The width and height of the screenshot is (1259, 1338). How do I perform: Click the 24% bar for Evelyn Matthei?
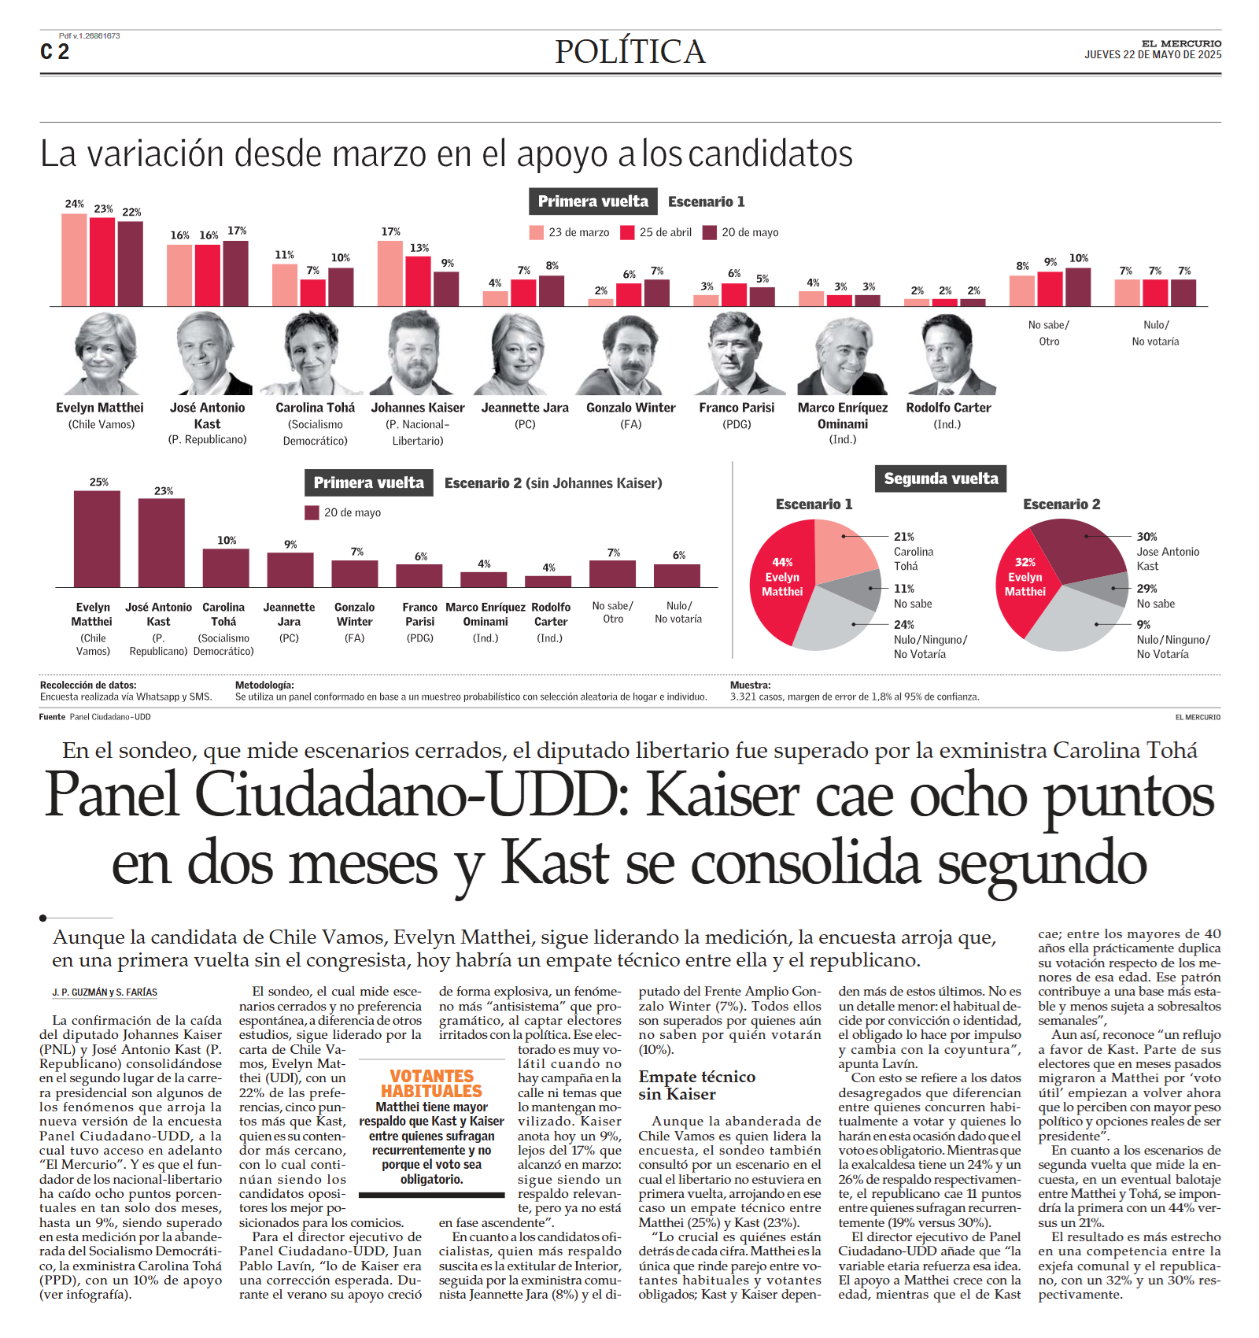point(74,260)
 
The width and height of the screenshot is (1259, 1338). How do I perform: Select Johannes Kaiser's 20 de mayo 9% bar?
point(446,289)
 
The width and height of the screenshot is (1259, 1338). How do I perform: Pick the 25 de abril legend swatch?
point(627,232)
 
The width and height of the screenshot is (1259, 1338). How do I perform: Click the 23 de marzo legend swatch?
point(537,232)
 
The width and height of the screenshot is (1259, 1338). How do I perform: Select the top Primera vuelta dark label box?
point(593,201)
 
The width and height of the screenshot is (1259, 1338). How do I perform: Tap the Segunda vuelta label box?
point(940,479)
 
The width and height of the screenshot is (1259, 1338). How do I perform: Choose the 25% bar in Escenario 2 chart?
point(97,539)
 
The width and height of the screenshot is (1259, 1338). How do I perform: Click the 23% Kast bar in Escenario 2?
point(161,543)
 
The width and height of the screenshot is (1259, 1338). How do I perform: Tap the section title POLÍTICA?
point(629,52)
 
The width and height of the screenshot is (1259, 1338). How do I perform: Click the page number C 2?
point(55,52)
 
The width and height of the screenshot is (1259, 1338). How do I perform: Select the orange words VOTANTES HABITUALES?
point(431,1083)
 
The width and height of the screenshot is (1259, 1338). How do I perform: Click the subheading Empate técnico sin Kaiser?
point(697,1085)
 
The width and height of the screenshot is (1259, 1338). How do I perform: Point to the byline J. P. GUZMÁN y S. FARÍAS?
point(105,992)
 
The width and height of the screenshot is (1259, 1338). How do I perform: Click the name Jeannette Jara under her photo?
point(525,408)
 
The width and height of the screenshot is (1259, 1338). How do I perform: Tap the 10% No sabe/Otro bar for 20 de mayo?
point(1078,287)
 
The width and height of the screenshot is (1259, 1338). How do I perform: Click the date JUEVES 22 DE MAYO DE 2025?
point(1153,55)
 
